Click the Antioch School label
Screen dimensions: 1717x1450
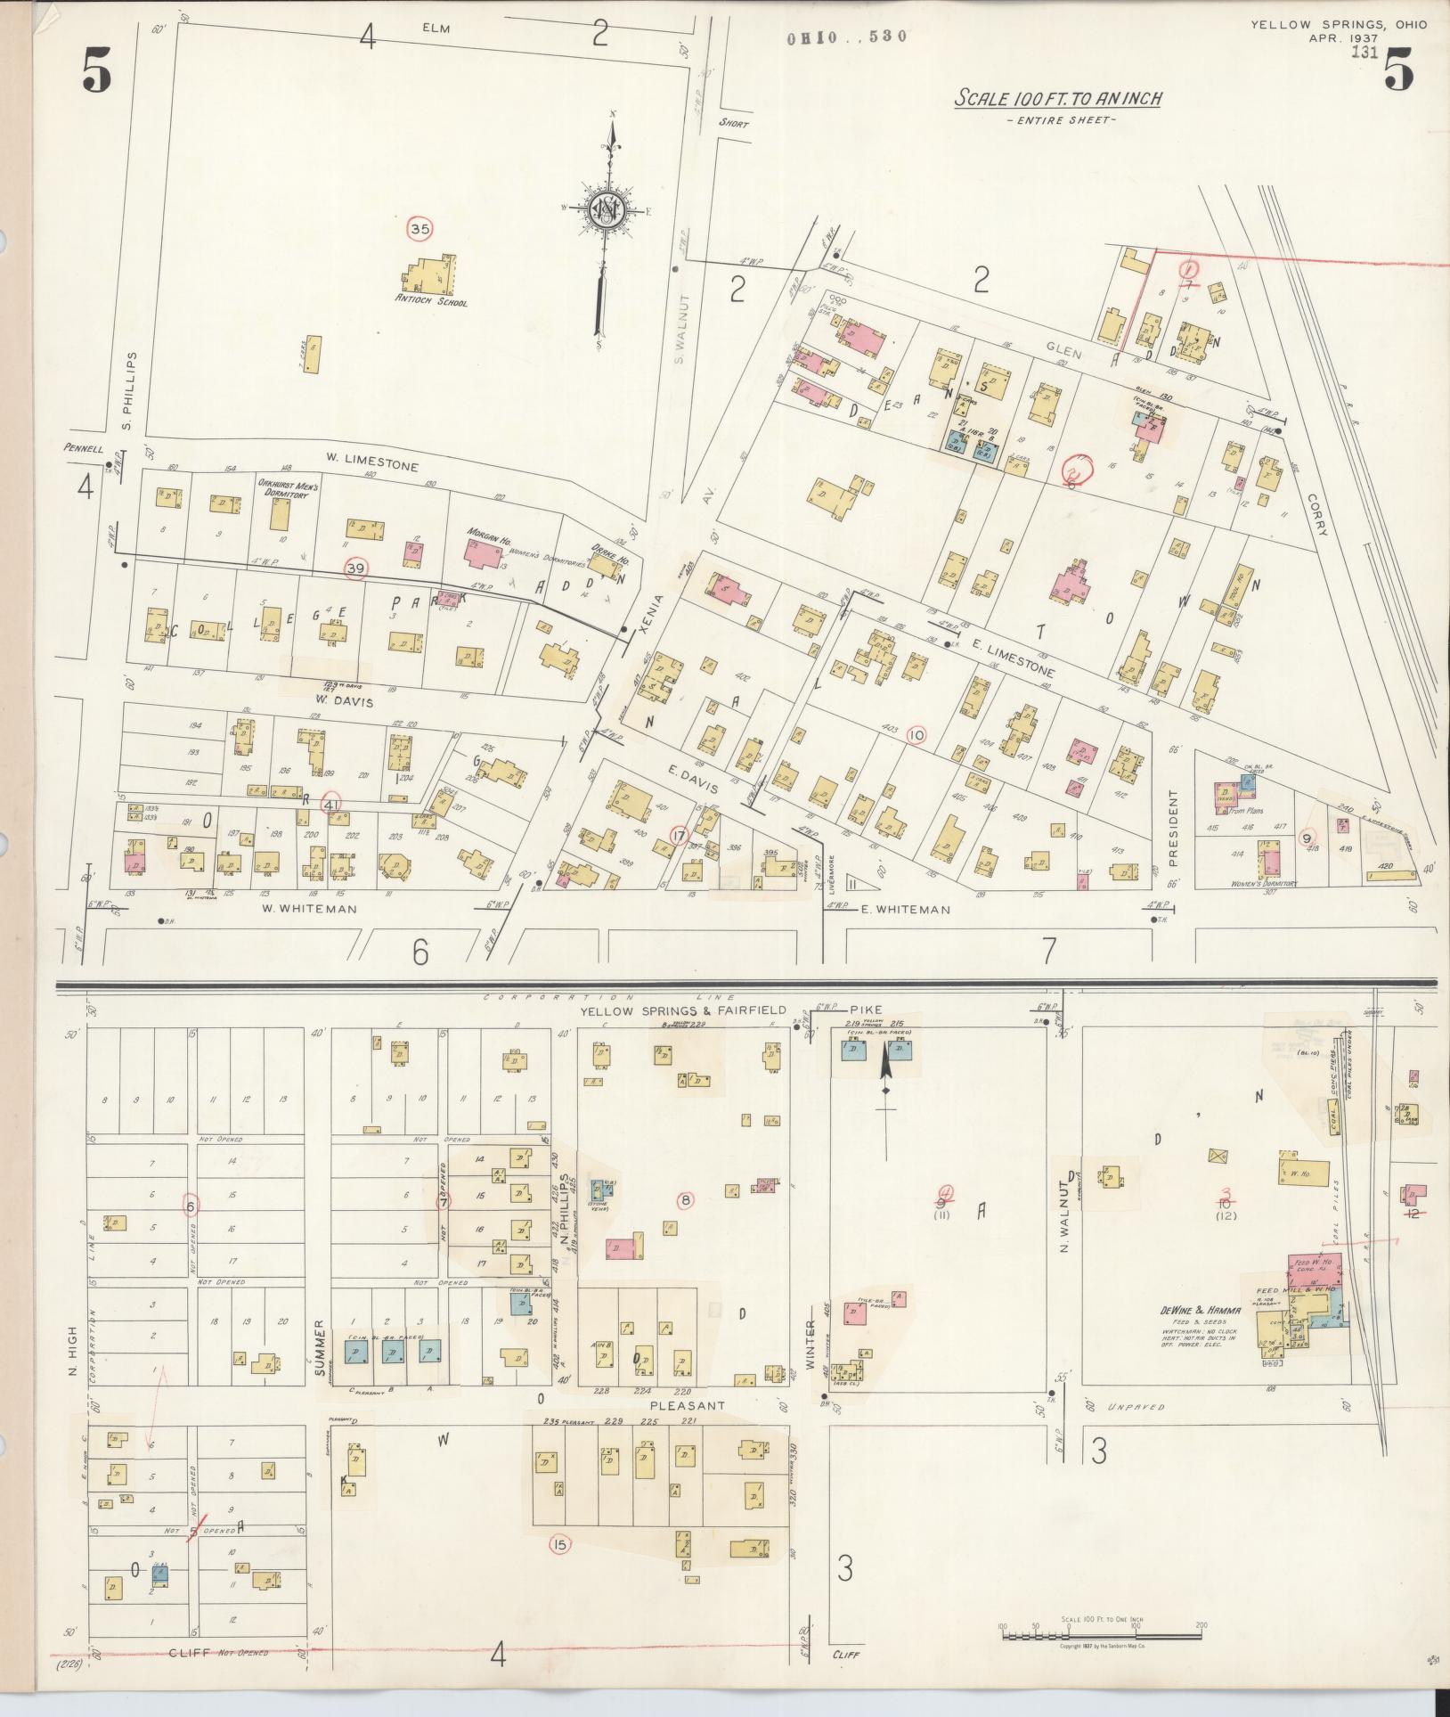pos(431,302)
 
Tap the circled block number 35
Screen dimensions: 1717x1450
pos(420,229)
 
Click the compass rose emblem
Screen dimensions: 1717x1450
pos(606,210)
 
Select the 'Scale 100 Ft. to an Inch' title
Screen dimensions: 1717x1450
pos(1058,98)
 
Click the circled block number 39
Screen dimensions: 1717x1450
pos(355,569)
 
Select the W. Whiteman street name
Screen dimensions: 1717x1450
pos(309,909)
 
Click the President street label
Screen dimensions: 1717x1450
pos(1173,828)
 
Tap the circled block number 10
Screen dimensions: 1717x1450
pos(916,735)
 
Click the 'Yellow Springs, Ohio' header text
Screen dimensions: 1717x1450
pos(1338,24)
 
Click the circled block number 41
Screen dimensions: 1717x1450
pos(330,803)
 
